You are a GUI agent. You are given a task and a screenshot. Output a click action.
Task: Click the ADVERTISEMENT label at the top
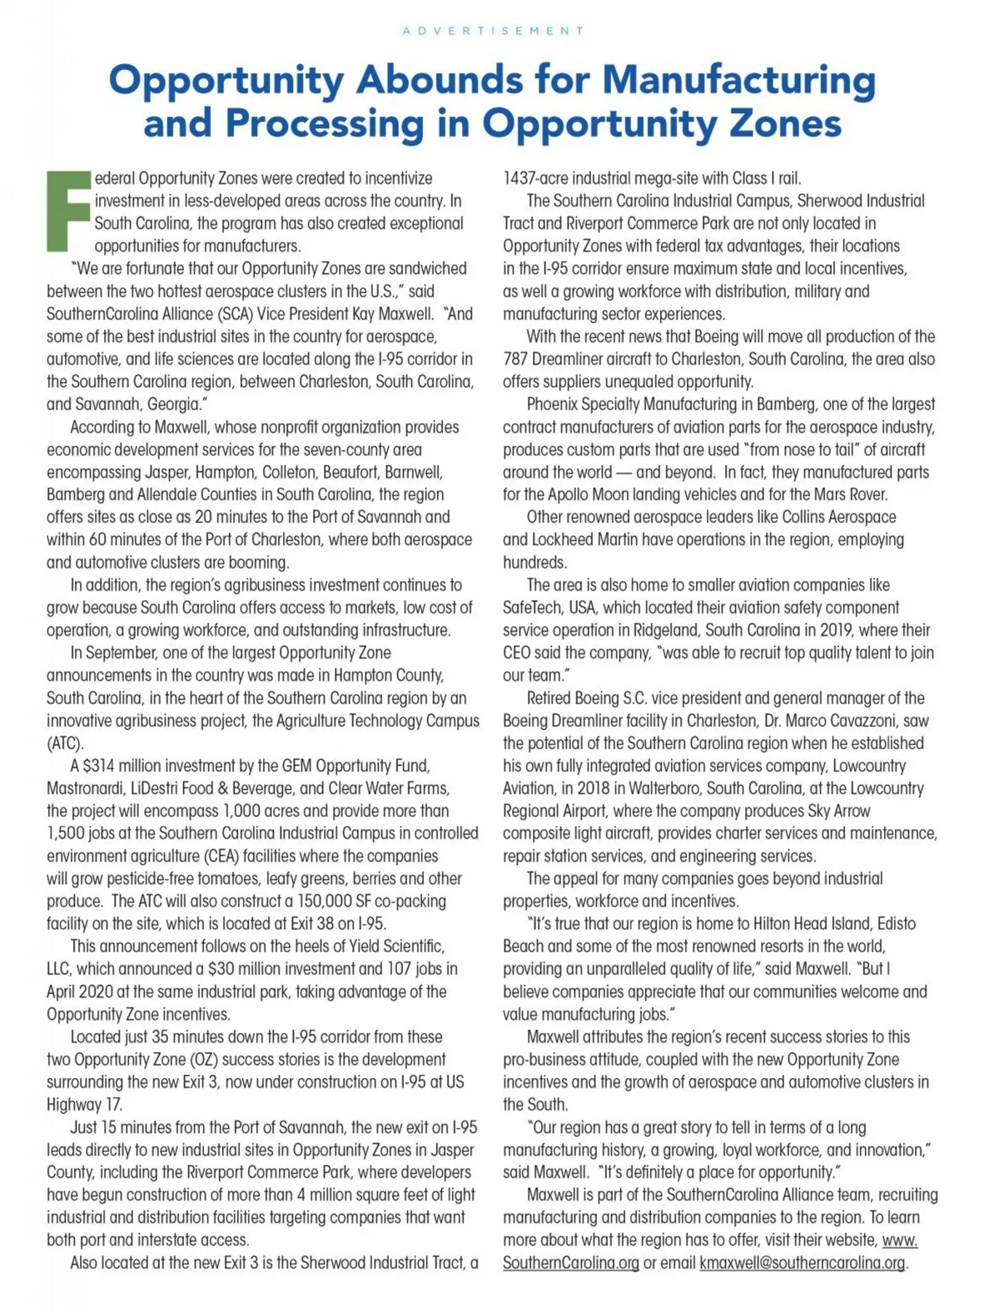tap(493, 31)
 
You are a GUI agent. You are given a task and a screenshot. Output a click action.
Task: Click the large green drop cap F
tap(68, 211)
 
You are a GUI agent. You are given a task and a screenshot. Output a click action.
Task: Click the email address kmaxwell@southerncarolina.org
tap(802, 1263)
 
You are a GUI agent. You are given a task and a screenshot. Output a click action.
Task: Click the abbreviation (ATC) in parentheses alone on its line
tap(65, 743)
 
